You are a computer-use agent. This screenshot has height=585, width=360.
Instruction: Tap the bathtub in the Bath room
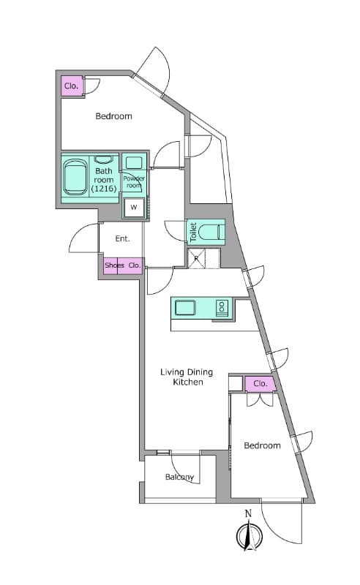click(75, 177)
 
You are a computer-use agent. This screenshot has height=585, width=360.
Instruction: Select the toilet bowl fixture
click(211, 233)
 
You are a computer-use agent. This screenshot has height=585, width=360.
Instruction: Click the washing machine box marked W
click(134, 208)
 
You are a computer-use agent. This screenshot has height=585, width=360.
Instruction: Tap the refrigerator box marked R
click(196, 259)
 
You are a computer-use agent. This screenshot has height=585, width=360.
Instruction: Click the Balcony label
click(179, 477)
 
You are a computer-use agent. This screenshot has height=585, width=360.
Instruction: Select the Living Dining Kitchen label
click(187, 377)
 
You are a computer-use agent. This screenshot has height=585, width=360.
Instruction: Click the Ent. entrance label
click(122, 238)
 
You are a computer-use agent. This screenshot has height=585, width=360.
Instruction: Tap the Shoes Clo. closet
click(123, 265)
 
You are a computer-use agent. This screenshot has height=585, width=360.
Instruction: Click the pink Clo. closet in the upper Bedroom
click(72, 86)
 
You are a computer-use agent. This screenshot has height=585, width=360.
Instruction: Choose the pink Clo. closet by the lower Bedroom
click(260, 383)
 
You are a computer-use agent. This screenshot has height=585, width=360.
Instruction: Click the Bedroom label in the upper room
click(113, 116)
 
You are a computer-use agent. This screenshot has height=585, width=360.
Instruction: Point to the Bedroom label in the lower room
click(262, 445)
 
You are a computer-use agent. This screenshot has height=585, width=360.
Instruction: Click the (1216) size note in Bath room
click(104, 189)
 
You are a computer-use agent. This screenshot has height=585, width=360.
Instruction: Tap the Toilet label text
click(193, 233)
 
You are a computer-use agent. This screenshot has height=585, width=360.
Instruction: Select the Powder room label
click(134, 182)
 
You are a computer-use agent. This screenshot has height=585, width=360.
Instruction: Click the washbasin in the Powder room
click(134, 163)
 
